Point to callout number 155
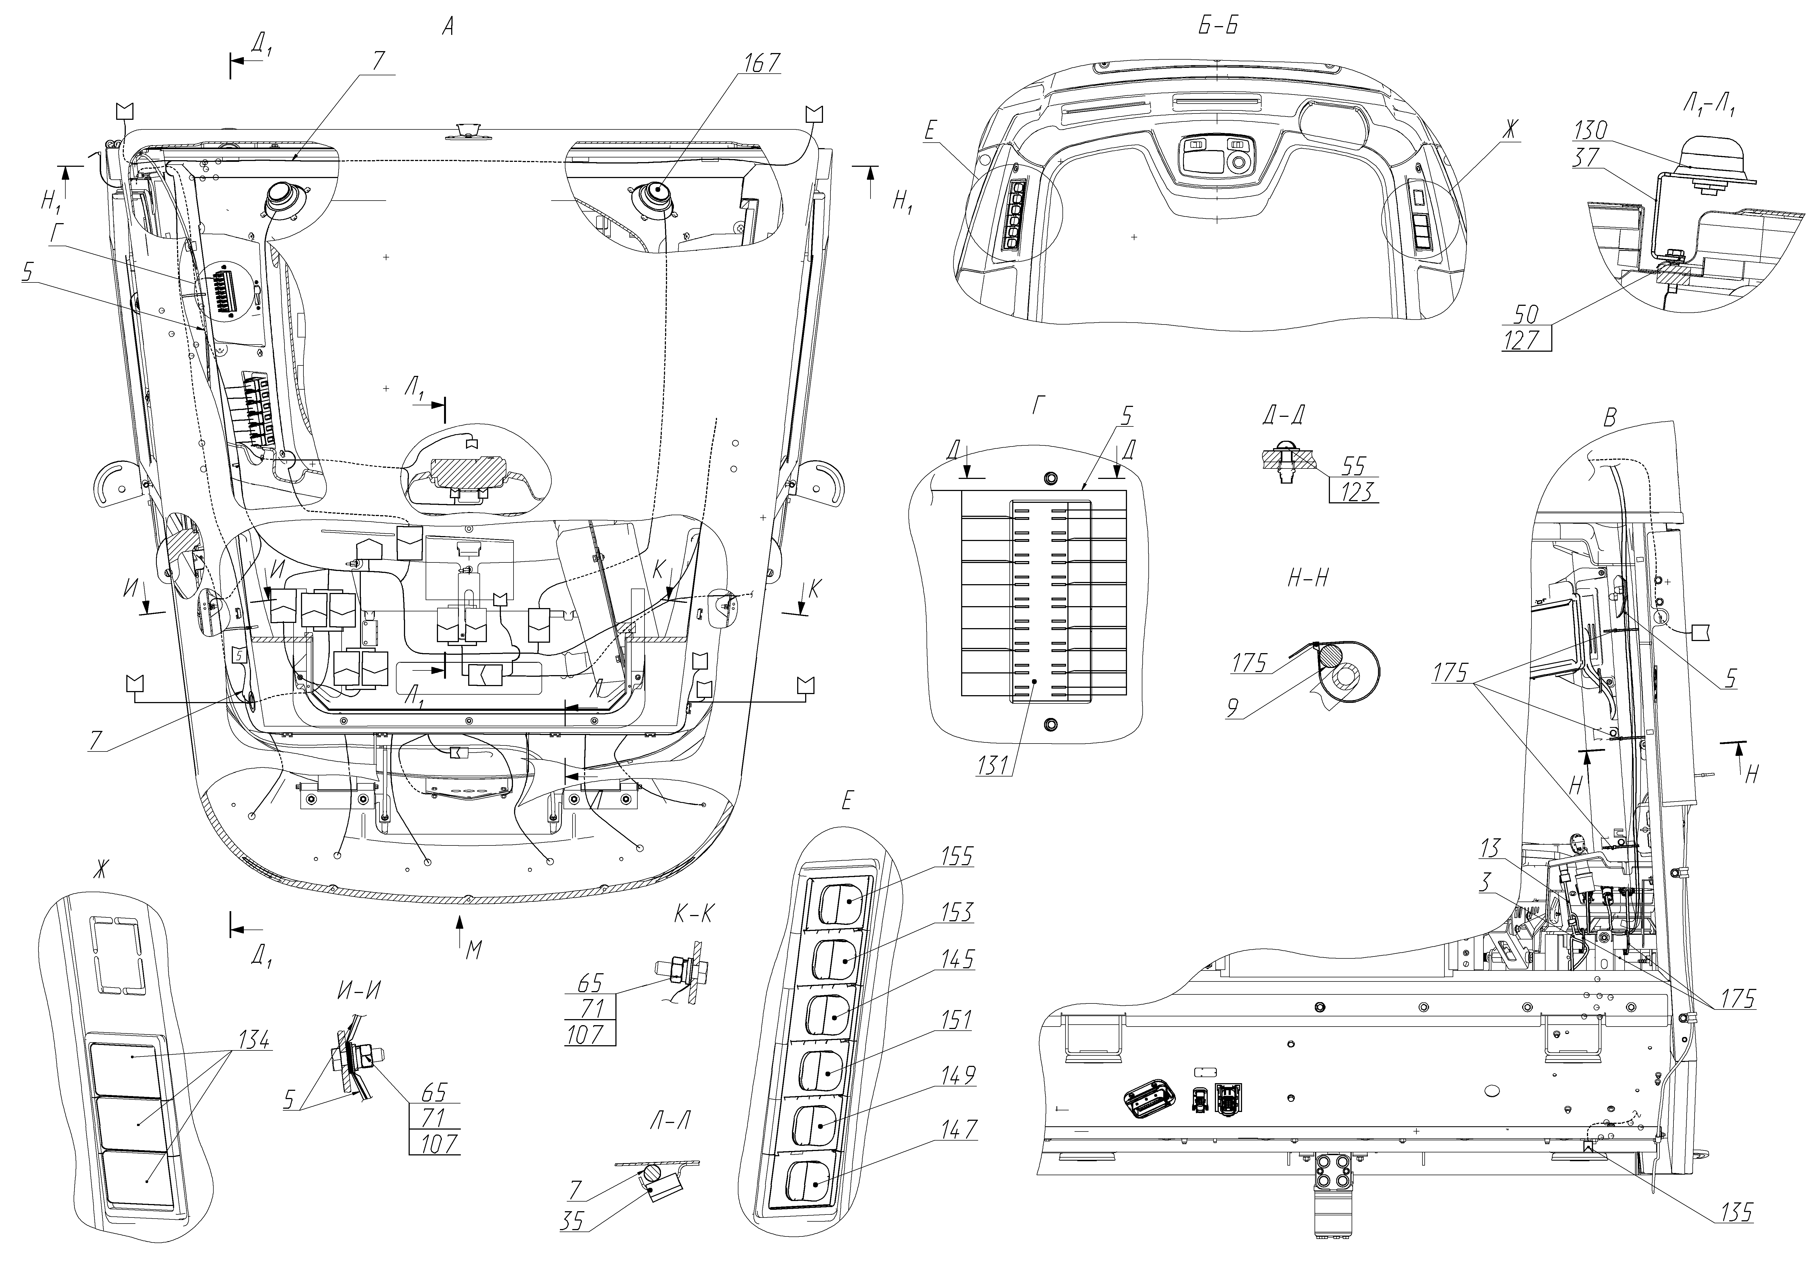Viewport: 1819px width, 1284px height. [x=957, y=857]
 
